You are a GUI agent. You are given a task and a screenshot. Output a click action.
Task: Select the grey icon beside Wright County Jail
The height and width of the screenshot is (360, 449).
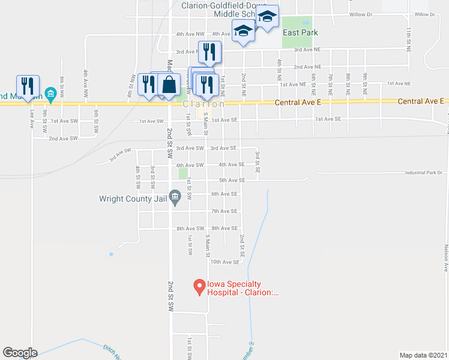click(x=175, y=196)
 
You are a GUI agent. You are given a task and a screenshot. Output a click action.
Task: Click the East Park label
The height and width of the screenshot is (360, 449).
click(x=300, y=32)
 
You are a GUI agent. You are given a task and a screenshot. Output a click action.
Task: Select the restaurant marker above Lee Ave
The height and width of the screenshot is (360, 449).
click(x=28, y=85)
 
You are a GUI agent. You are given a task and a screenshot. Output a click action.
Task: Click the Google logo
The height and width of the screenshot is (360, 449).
click(x=20, y=353)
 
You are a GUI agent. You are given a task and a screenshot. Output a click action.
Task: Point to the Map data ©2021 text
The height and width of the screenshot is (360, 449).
click(x=423, y=355)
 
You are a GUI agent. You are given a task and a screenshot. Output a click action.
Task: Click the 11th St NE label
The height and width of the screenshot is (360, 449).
click(x=409, y=33)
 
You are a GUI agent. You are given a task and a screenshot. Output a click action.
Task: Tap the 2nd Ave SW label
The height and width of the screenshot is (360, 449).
click(x=63, y=139)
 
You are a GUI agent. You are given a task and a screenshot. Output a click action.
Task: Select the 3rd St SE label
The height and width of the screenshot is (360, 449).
click(x=258, y=163)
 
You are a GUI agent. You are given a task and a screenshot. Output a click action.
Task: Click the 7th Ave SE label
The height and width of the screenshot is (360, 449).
click(x=224, y=211)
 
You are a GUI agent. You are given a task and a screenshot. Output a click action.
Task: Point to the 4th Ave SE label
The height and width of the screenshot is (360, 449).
click(x=232, y=164)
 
